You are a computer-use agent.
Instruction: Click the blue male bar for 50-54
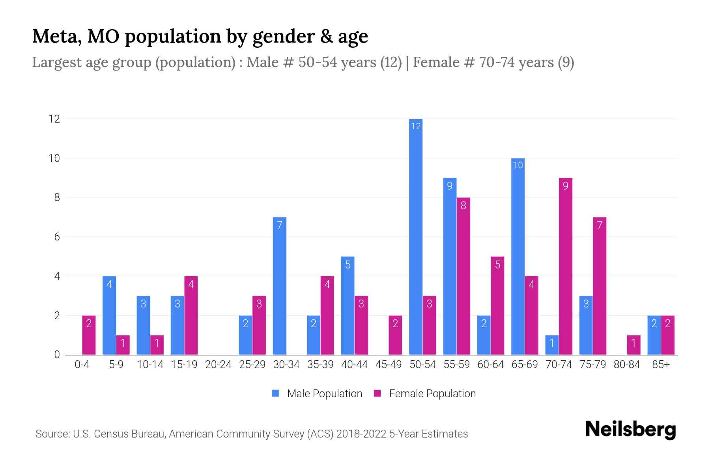point(416,236)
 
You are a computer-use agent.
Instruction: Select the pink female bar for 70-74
point(565,266)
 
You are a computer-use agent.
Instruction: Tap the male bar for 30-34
point(279,286)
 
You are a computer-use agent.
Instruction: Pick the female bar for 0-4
point(89,335)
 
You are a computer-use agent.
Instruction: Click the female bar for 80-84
point(633,345)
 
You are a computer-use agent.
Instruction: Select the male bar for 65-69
point(518,256)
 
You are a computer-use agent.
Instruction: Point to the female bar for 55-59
point(463,276)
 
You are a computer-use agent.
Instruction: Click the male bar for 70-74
point(552,345)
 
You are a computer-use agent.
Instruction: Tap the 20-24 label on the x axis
point(218,365)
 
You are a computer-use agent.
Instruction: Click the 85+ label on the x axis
point(661,365)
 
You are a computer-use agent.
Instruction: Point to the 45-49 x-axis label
point(389,365)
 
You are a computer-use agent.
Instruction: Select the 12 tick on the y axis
point(54,119)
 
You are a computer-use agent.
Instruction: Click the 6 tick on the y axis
point(57,237)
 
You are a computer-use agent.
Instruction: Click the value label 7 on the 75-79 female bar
point(600,225)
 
